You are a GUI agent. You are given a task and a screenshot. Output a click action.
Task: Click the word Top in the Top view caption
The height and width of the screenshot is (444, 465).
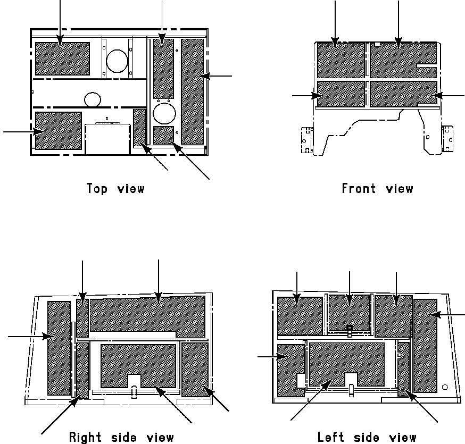[97, 189]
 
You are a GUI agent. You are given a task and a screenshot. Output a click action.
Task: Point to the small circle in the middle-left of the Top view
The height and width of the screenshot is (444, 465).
[93, 99]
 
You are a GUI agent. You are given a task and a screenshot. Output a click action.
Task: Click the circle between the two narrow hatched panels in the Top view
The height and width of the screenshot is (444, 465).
[163, 113]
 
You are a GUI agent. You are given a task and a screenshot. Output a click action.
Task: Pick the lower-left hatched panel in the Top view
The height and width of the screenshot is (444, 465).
[58, 130]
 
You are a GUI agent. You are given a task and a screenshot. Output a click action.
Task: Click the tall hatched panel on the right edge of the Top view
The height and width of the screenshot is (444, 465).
[192, 91]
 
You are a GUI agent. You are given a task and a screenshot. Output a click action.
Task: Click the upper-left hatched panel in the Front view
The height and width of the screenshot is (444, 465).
[341, 61]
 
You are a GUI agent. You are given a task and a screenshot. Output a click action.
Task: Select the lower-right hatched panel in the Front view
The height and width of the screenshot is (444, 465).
[403, 94]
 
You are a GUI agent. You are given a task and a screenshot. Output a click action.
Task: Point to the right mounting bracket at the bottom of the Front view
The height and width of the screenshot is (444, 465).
[447, 138]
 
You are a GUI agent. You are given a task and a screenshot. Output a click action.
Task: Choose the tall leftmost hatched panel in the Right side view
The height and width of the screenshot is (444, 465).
[59, 348]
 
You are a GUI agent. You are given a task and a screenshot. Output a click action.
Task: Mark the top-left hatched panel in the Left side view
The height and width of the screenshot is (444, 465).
[300, 316]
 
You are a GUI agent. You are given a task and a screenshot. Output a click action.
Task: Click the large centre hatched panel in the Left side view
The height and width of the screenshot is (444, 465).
[346, 364]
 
